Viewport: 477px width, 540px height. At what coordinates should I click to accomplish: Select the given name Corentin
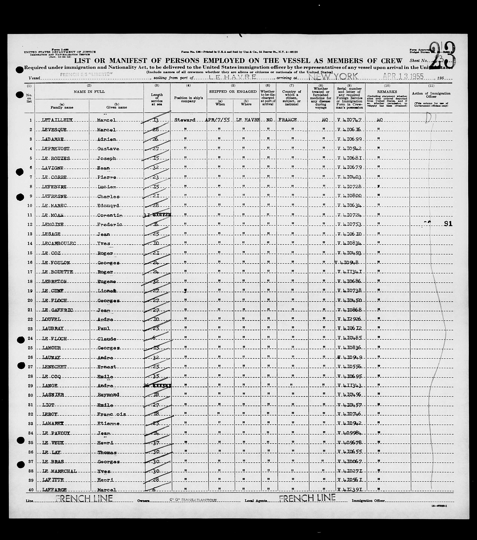click(x=110, y=215)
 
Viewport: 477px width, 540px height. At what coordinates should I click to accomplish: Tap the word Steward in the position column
click(x=185, y=120)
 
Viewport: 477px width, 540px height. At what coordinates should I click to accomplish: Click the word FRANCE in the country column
click(x=288, y=120)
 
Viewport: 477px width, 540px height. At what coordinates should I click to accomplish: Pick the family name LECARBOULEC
click(x=59, y=243)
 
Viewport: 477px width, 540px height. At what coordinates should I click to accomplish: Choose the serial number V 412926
click(x=349, y=319)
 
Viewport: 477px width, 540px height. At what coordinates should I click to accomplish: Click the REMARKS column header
click(x=387, y=92)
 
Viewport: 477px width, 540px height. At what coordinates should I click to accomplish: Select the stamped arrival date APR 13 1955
click(x=403, y=77)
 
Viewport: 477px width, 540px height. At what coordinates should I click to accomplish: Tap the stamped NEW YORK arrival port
click(x=333, y=77)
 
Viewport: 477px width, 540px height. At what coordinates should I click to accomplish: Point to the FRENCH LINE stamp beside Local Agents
click(x=307, y=498)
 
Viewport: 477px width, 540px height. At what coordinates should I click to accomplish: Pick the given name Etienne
click(x=108, y=423)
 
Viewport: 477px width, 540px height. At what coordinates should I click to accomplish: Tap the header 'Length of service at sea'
click(x=157, y=99)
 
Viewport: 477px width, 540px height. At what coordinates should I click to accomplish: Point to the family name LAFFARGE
click(x=54, y=490)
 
